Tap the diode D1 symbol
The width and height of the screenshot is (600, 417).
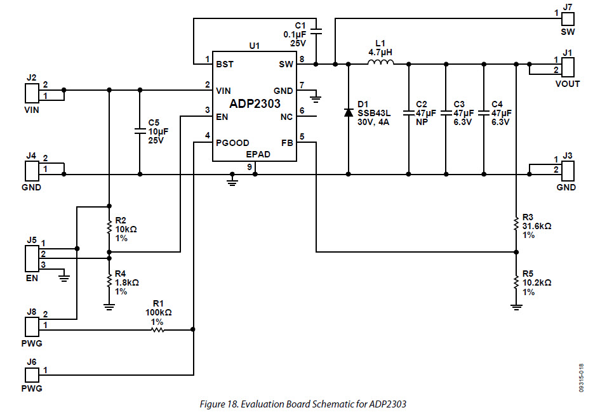[348, 112]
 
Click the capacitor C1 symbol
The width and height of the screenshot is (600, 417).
[317, 30]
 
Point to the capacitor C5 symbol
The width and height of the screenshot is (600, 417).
[140, 131]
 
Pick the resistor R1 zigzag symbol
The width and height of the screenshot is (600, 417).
[157, 329]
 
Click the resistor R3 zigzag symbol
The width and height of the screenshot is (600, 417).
[516, 225]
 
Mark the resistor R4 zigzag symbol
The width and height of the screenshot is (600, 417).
[109, 282]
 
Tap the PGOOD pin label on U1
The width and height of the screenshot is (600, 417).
[232, 143]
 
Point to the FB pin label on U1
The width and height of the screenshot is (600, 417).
[287, 143]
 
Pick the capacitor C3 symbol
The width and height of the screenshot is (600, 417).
[446, 112]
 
